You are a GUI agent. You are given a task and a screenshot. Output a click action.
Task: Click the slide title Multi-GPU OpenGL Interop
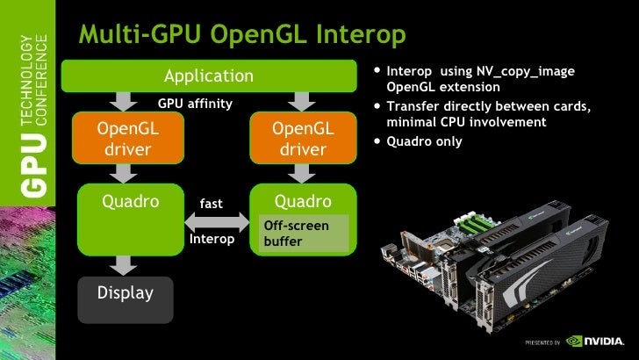(x=242, y=35)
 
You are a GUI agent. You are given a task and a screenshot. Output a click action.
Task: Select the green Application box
(x=208, y=76)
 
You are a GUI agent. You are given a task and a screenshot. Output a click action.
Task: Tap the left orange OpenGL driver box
(x=127, y=139)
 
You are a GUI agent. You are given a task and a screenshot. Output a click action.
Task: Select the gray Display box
(x=125, y=293)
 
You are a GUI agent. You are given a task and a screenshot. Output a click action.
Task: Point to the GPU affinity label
(x=195, y=104)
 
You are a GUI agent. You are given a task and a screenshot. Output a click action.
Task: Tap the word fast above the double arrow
(x=211, y=204)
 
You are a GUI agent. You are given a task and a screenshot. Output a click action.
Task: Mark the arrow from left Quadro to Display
(x=126, y=263)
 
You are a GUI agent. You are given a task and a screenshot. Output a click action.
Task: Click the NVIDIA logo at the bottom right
(x=599, y=341)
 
